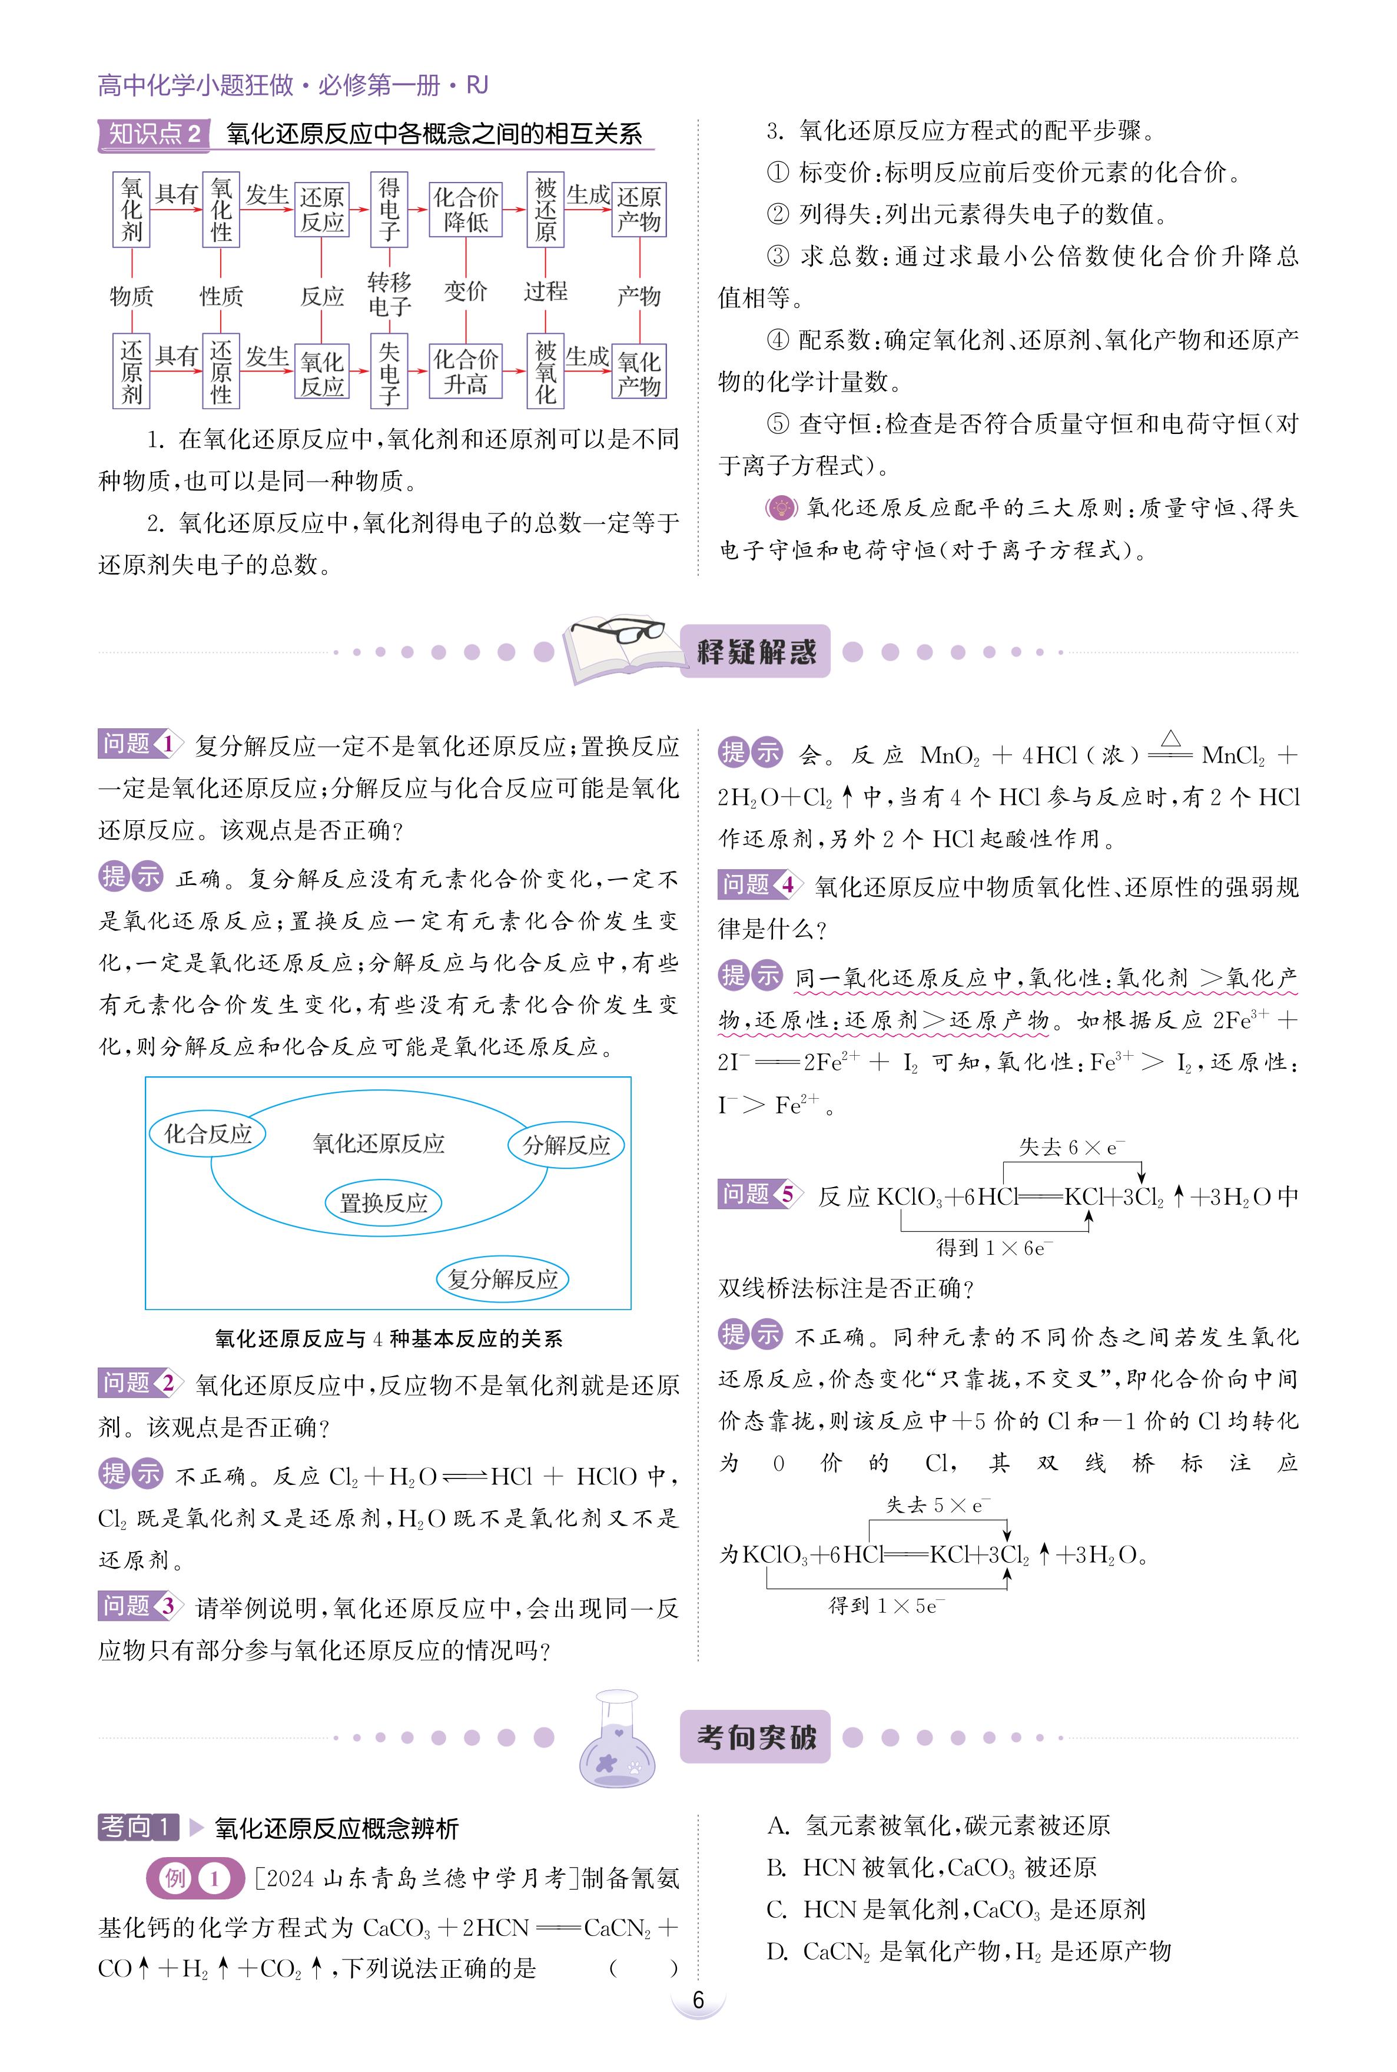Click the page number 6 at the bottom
pos(698,2000)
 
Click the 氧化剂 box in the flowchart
pos(132,210)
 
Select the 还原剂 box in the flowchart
pos(132,372)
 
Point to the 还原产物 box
pos(639,210)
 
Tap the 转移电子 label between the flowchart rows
pos(389,294)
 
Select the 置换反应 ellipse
pos(383,1203)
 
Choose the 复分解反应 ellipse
pos(503,1279)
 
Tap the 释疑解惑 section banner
pos(755,651)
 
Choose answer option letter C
pos(777,1909)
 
